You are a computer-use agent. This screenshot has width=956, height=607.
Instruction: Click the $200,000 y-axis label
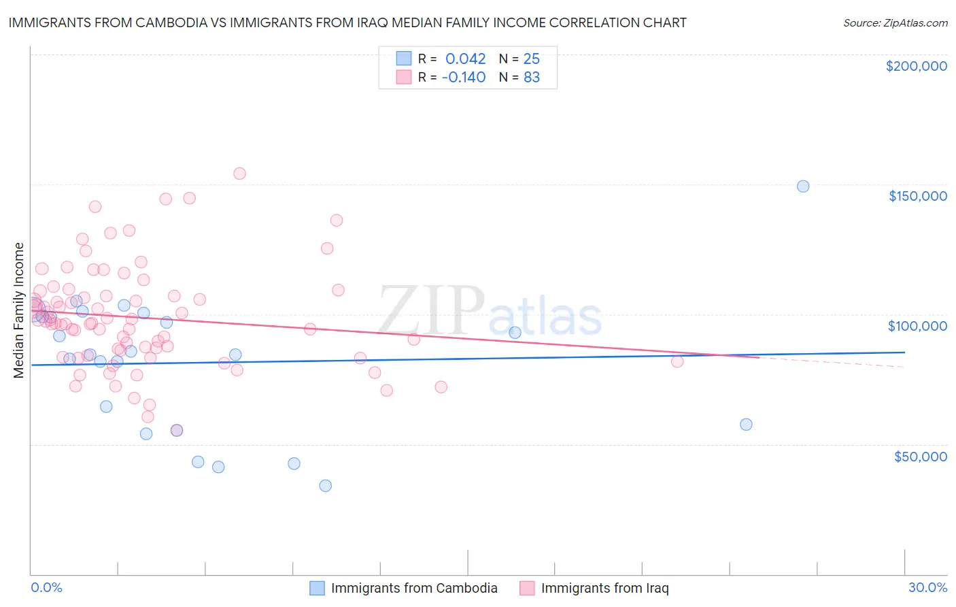[916, 66]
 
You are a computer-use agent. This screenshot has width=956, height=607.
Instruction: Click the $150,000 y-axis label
[917, 196]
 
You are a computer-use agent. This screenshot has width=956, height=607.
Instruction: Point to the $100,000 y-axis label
[917, 326]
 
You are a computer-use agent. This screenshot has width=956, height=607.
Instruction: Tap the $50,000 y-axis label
[920, 456]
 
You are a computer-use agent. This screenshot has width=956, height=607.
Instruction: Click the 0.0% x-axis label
[46, 587]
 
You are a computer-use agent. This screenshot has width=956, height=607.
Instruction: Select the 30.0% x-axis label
[927, 587]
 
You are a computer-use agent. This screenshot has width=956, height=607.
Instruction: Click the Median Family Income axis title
[18, 310]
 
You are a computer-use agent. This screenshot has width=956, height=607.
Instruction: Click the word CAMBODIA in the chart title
[160, 22]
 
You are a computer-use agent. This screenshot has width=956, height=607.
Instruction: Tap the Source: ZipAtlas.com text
[895, 22]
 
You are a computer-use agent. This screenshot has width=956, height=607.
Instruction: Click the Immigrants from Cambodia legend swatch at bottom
[317, 588]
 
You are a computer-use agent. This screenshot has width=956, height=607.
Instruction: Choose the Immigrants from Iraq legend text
[604, 588]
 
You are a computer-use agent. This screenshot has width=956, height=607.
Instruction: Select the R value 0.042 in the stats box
[465, 59]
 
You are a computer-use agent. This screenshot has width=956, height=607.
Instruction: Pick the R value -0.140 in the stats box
[464, 77]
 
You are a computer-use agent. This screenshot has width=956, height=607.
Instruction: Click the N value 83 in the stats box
[532, 77]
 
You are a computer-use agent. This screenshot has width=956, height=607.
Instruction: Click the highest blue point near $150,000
[803, 186]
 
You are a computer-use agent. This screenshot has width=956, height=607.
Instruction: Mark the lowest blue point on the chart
[326, 486]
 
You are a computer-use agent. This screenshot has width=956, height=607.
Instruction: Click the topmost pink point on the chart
[239, 174]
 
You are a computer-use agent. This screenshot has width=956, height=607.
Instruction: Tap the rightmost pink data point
[677, 361]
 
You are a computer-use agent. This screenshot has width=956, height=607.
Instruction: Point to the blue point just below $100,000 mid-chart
[515, 333]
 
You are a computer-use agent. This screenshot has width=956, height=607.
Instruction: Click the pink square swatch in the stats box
[404, 77]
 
